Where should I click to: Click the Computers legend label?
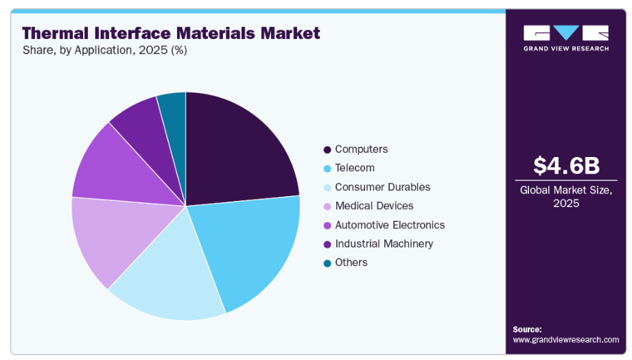(x=361, y=149)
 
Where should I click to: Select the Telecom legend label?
(x=354, y=168)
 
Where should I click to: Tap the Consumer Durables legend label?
(x=382, y=187)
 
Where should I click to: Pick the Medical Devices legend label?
(x=374, y=206)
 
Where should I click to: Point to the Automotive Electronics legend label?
(x=389, y=225)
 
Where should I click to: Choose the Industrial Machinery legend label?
(x=384, y=243)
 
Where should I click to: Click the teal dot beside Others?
(x=327, y=263)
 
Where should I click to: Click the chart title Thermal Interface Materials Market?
(x=171, y=33)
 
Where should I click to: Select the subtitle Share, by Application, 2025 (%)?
(x=104, y=50)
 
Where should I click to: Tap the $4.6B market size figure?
(x=566, y=165)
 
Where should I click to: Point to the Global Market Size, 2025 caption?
(x=566, y=197)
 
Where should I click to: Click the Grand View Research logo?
(x=566, y=38)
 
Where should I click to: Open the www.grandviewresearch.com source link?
(x=565, y=339)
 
